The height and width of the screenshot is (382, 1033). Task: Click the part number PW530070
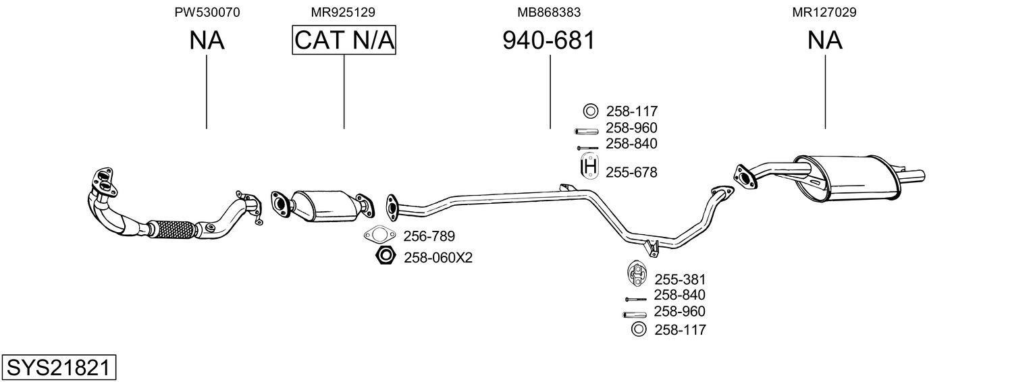(207, 12)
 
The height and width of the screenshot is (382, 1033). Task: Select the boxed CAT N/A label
(344, 40)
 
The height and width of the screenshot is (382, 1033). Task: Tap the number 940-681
(549, 40)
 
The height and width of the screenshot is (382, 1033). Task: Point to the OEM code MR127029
(824, 12)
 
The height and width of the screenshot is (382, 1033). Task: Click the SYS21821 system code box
(59, 367)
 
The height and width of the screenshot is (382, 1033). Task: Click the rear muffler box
(847, 178)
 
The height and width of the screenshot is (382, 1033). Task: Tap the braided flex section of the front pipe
(174, 229)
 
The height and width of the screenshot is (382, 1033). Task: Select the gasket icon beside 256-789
(379, 235)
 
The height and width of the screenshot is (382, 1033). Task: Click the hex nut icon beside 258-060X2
(385, 256)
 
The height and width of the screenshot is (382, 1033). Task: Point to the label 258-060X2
(438, 258)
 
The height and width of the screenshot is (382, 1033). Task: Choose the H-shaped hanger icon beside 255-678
(589, 167)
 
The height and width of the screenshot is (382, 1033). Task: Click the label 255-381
(680, 279)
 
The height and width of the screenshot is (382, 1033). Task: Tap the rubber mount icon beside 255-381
(637, 273)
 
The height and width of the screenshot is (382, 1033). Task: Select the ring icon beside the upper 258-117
(590, 111)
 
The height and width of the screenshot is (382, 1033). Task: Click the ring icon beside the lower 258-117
(639, 329)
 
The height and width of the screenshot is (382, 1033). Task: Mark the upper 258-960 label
(631, 128)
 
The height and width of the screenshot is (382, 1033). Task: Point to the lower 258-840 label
(679, 295)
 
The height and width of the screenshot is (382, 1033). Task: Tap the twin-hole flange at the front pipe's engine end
(104, 181)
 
